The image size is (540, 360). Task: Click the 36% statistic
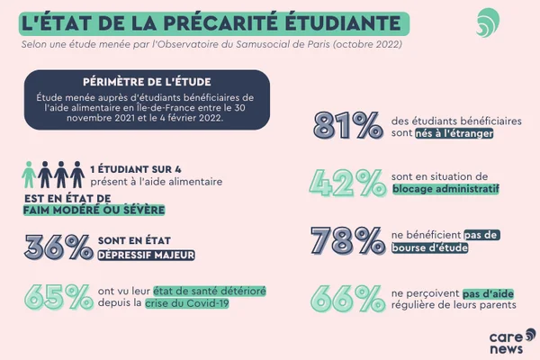coord(58,247)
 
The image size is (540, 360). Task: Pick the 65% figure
coord(58,297)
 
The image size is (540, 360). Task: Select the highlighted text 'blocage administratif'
coord(446,190)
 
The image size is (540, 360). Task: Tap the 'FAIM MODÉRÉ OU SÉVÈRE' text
coord(94,210)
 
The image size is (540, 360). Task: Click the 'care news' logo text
coord(506,340)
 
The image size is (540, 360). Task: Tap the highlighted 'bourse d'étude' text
coord(427,247)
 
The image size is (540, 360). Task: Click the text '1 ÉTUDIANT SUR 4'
coord(142,168)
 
